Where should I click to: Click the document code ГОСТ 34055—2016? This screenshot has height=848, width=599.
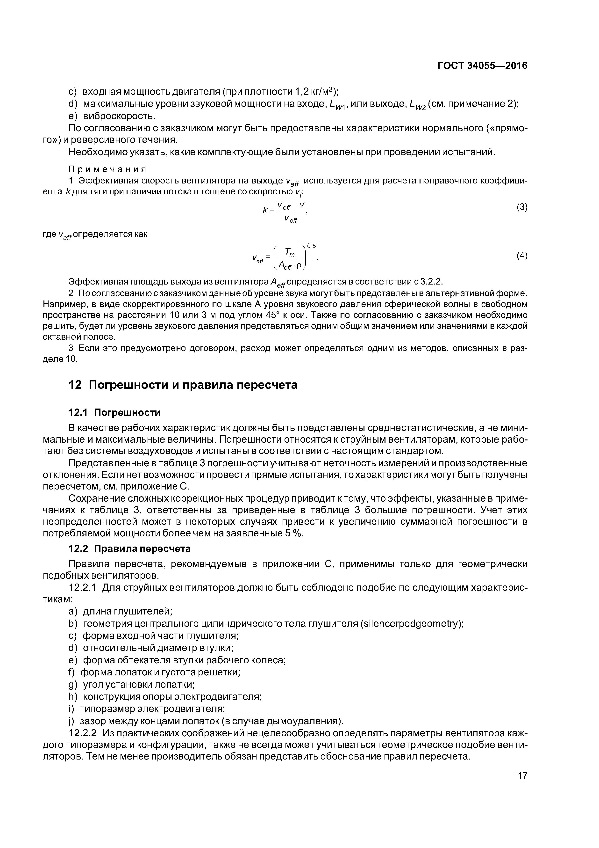click(482, 66)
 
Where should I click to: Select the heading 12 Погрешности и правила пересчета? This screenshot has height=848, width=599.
click(183, 385)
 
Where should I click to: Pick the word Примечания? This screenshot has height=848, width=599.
click(107, 169)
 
